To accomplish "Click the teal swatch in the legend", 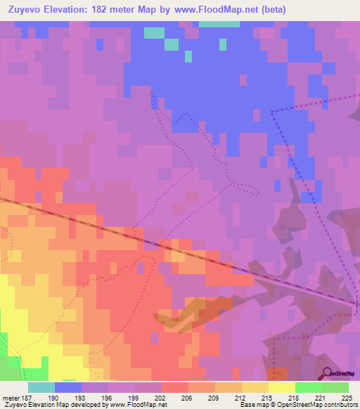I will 41,387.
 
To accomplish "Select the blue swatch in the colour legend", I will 68,387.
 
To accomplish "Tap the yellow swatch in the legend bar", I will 282,387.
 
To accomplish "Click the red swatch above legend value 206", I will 175,387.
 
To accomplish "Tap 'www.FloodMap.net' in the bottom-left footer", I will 138,405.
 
